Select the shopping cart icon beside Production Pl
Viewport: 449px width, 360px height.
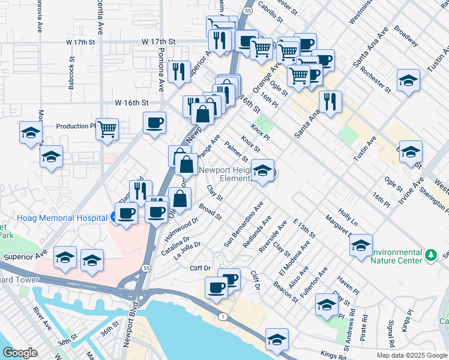pyautogui.click(x=107, y=128)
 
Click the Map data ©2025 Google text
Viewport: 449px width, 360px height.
pyautogui.click(x=412, y=355)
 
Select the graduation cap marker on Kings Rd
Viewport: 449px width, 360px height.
pyautogui.click(x=277, y=340)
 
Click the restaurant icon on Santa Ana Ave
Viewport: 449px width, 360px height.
pyautogui.click(x=330, y=101)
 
